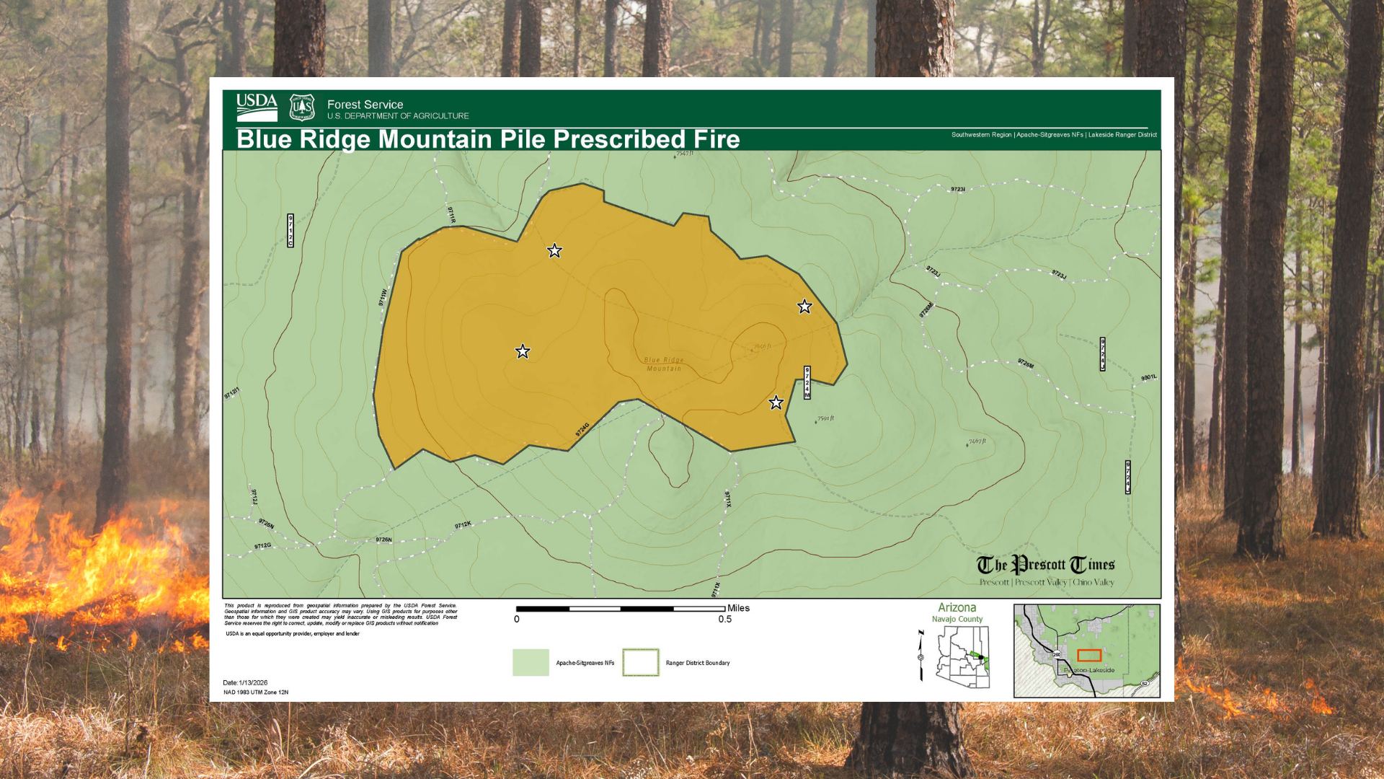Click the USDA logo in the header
[257, 107]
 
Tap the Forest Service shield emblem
[302, 107]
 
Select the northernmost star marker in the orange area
[554, 250]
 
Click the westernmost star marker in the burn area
[523, 351]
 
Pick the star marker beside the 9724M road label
[776, 402]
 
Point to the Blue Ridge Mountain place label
[664, 364]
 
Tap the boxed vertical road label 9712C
[290, 230]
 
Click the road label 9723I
[958, 189]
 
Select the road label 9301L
[1148, 377]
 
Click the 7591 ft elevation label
[825, 418]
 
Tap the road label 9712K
[463, 525]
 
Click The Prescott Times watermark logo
[1045, 565]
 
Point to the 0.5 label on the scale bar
[724, 620]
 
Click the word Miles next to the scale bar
[738, 608]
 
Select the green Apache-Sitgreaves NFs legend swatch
[531, 662]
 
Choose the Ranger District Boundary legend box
[641, 662]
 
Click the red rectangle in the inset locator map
[1089, 655]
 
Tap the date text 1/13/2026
[253, 682]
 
